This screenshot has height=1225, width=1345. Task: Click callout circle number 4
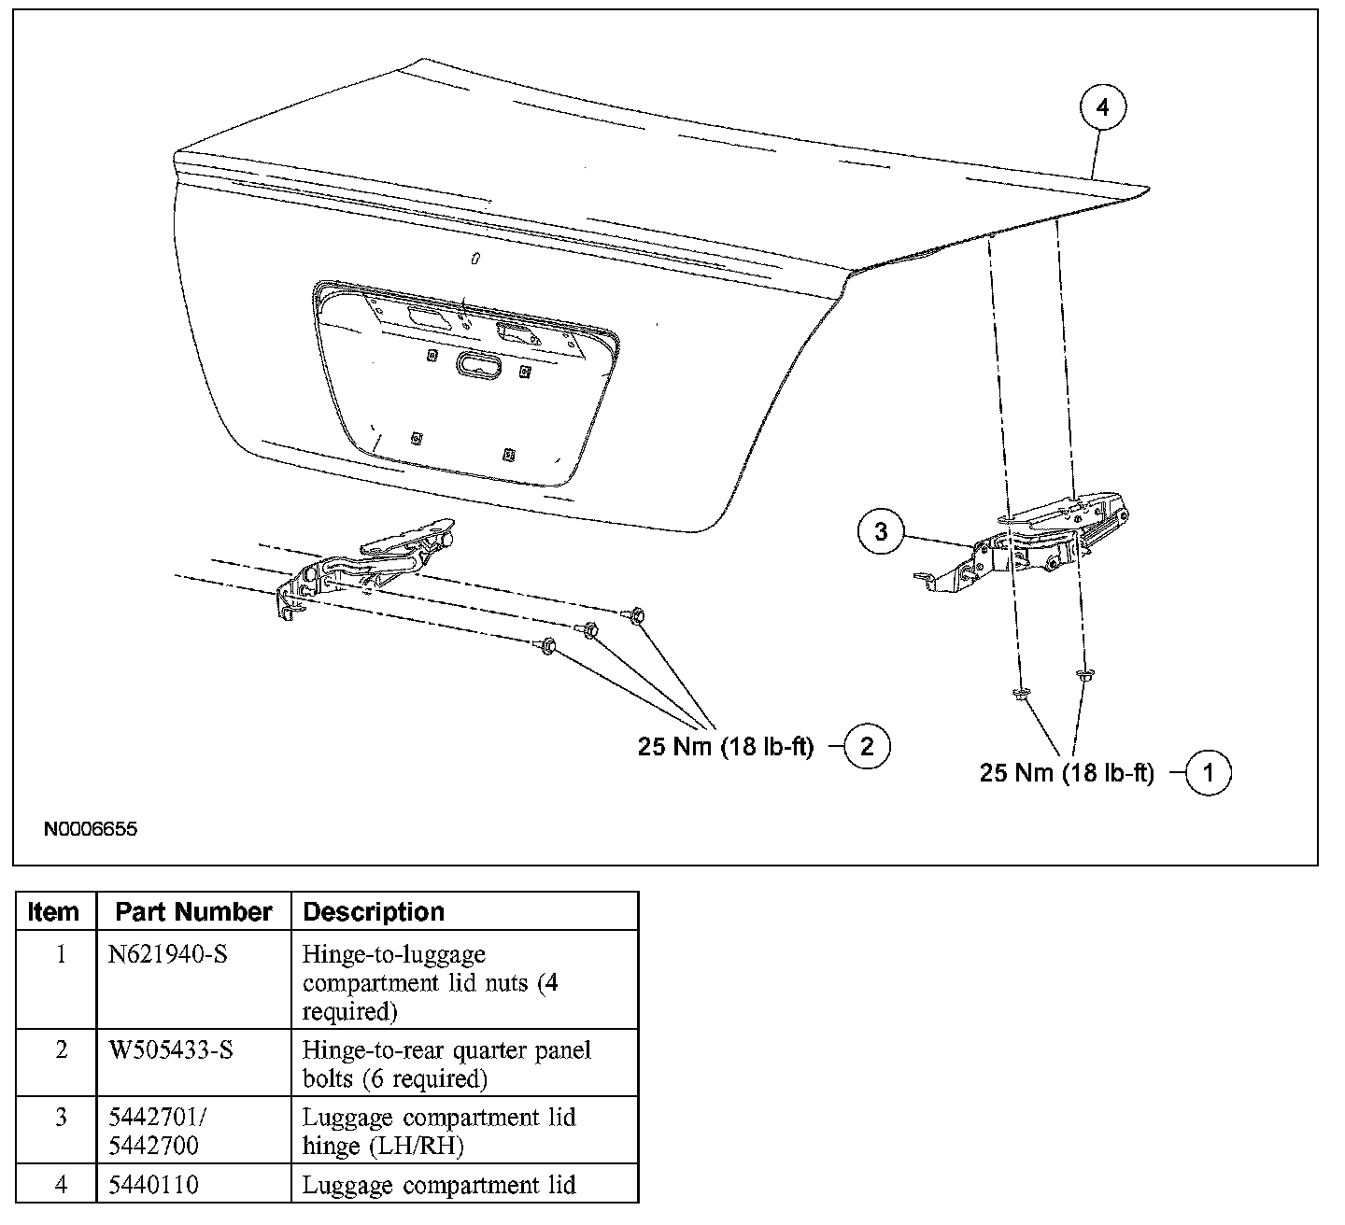point(1103,108)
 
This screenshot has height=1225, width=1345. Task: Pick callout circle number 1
point(1208,772)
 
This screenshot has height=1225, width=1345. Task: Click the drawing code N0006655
point(90,828)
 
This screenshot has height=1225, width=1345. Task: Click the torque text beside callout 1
point(1067,773)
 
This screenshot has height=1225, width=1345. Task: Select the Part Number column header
point(193,911)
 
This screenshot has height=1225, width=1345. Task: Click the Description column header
point(374,911)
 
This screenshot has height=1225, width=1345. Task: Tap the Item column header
point(54,911)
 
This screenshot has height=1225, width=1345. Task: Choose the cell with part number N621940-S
point(168,955)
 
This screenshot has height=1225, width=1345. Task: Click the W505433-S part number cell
point(171,1050)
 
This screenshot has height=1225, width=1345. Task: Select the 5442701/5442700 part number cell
point(155,1131)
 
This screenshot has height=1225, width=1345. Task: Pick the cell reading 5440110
point(153,1185)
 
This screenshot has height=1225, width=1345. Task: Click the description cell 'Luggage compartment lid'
point(439,1185)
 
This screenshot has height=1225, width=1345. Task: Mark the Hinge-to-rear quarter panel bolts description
point(446,1064)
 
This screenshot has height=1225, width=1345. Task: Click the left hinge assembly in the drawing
point(364,566)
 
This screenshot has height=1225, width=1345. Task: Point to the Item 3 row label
point(61,1118)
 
